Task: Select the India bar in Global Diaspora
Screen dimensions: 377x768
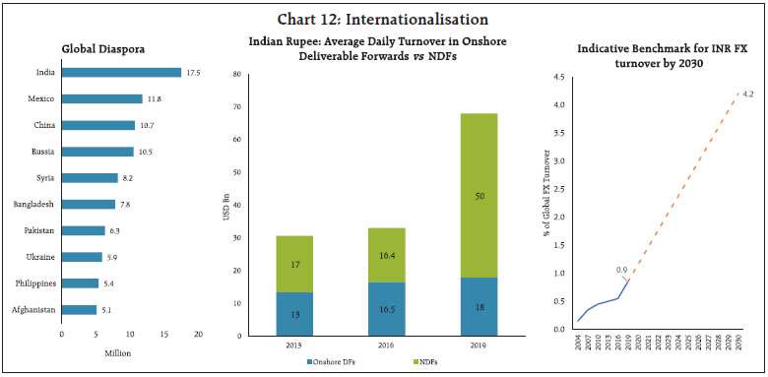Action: [121, 72]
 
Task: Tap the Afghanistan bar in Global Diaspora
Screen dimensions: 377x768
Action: [79, 309]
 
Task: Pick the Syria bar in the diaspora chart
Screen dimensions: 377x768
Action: [90, 178]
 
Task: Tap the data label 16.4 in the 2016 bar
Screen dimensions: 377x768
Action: [357, 255]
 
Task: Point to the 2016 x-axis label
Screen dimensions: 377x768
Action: [357, 344]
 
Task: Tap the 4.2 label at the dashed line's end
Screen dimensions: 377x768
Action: [747, 94]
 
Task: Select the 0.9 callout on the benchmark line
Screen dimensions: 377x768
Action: [621, 269]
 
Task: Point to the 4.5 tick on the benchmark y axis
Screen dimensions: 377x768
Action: [559, 77]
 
